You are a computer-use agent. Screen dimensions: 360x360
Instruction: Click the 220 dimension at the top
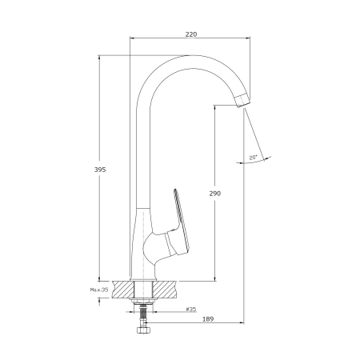click(x=191, y=34)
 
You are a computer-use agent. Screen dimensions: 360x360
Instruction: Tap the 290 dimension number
click(x=215, y=194)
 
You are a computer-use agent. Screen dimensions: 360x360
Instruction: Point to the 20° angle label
click(x=253, y=158)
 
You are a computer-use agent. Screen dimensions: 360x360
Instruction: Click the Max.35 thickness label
click(x=99, y=290)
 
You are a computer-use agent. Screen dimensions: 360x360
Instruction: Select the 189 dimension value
click(x=208, y=318)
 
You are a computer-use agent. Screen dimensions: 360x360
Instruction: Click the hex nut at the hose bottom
click(x=144, y=330)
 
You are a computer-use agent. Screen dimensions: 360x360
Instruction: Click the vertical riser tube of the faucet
click(x=142, y=160)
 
